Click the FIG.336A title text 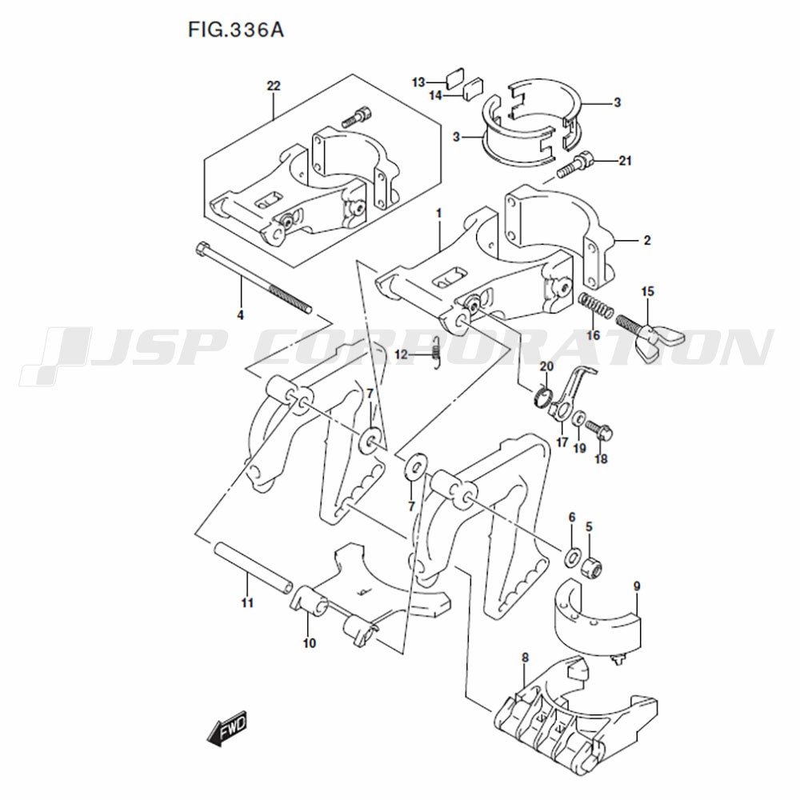(x=236, y=30)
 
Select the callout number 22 (x=274, y=86)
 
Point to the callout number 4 (x=240, y=315)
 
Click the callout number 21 (x=625, y=161)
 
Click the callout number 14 (x=435, y=95)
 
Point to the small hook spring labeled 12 (x=436, y=352)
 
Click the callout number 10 (x=309, y=643)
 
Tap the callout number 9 (x=637, y=586)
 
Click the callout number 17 (x=562, y=442)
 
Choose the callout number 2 (x=647, y=240)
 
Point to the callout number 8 (x=525, y=658)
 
